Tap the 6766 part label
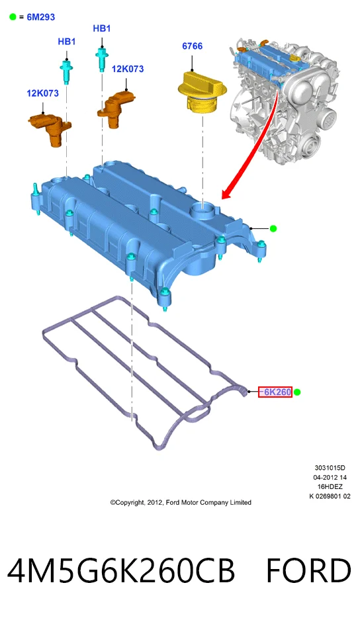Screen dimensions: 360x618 (x=192, y=46)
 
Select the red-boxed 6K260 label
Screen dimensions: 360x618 (x=275, y=392)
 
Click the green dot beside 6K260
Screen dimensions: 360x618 (x=297, y=392)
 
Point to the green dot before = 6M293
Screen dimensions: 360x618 (x=13, y=17)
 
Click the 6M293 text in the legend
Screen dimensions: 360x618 (x=40, y=17)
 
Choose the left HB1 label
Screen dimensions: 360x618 (x=67, y=42)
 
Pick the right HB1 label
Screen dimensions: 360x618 (x=102, y=28)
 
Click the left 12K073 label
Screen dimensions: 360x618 (x=42, y=93)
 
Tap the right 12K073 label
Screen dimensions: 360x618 (x=128, y=69)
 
